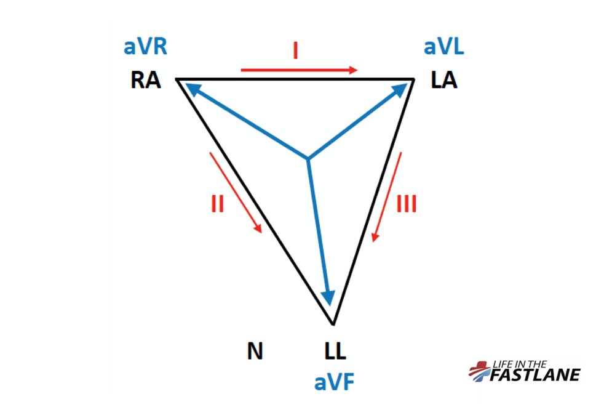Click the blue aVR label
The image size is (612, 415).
click(x=145, y=47)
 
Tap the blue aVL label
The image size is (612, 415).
click(x=443, y=47)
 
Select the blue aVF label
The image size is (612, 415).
click(x=335, y=382)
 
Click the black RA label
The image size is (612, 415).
click(x=145, y=80)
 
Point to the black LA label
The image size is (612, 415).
click(x=443, y=80)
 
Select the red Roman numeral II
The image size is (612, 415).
click(x=217, y=203)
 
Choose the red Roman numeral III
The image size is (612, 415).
click(x=406, y=204)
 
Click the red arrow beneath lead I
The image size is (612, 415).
click(x=299, y=70)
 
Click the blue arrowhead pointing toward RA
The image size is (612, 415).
click(x=192, y=90)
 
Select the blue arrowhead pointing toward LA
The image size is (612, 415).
click(x=400, y=90)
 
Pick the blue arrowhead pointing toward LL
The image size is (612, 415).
click(x=330, y=297)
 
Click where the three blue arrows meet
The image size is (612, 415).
click(x=308, y=159)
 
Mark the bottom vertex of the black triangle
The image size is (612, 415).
click(x=333, y=324)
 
